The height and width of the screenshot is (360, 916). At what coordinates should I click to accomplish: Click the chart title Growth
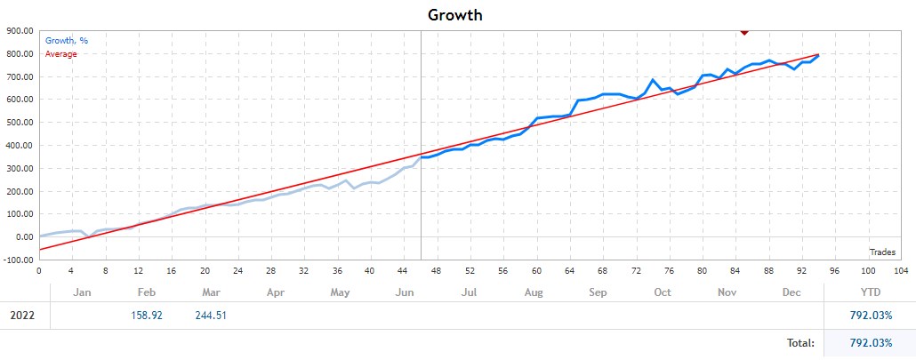pos(455,14)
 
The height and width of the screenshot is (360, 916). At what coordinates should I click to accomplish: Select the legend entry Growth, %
pos(67,41)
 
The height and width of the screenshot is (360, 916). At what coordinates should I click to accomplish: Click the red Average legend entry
pos(61,53)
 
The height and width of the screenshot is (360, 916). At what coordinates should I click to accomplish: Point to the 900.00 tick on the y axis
pos(19,30)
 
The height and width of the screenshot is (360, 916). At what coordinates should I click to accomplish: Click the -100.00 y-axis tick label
pos(18,260)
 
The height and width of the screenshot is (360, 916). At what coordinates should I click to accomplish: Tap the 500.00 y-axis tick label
pos(19,123)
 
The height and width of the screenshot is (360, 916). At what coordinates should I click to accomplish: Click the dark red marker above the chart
pos(744,31)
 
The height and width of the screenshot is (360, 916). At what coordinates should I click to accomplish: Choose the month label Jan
pos(83,292)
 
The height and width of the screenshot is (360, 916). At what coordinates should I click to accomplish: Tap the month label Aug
pos(534,292)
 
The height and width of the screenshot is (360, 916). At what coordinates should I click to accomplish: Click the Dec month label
pos(791,292)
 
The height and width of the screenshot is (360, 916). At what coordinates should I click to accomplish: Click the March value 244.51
pos(212,315)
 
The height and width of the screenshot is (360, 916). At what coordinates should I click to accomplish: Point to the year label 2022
pos(25,315)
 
